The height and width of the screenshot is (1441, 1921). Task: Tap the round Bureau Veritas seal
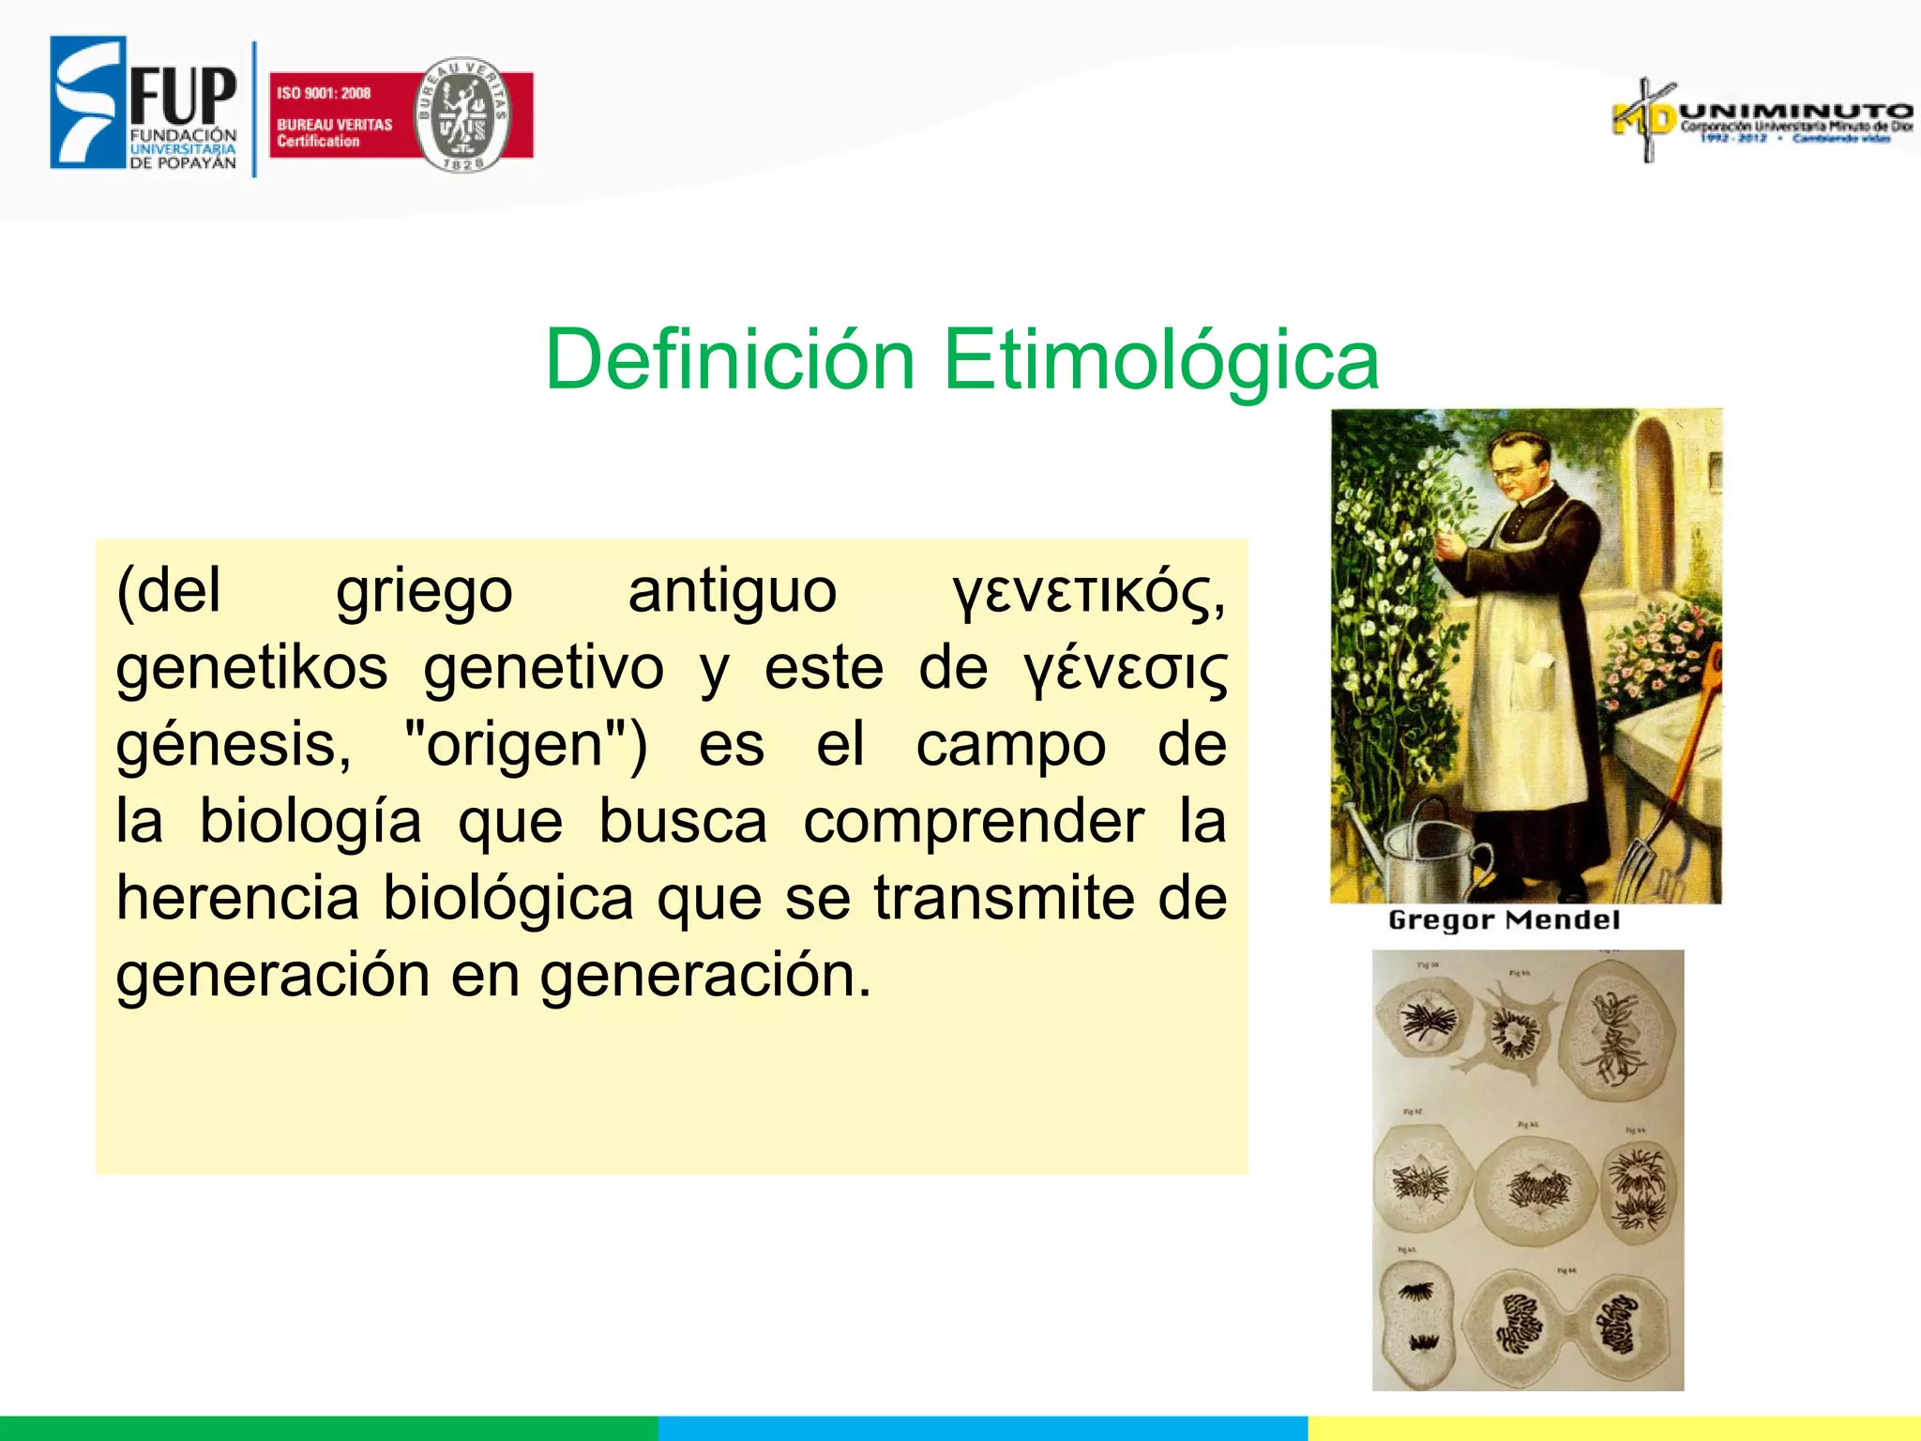coord(461,114)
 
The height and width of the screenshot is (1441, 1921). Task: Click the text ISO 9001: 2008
coord(324,93)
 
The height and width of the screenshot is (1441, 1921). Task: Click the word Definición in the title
coord(730,359)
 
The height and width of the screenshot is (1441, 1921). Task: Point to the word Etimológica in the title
coord(1160,359)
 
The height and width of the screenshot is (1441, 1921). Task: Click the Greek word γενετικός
coord(1088,593)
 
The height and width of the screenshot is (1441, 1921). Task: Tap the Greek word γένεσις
coord(1125,670)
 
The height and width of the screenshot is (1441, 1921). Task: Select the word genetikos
coord(251,670)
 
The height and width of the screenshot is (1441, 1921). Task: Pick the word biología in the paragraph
coord(310,823)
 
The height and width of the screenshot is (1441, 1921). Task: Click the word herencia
coord(237,899)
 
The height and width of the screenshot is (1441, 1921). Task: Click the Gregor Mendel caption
coord(1504,920)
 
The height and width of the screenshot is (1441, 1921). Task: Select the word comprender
coord(973,823)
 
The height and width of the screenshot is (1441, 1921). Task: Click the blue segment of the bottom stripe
coord(982,1428)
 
